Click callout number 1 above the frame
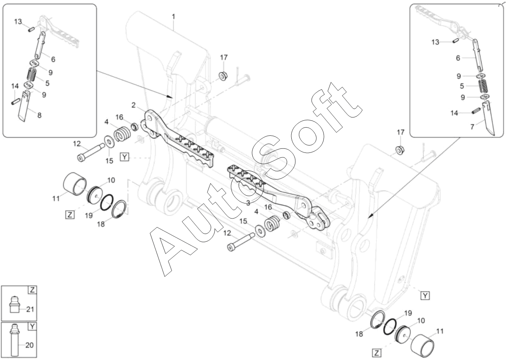[174, 17]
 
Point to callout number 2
[133, 105]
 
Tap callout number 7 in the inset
[472, 127]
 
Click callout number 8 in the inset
[39, 115]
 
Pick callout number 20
[29, 345]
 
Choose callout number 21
[30, 309]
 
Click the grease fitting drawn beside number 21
[15, 304]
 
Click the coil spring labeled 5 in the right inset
[482, 87]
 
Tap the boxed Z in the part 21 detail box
[32, 290]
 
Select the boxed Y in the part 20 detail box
[32, 326]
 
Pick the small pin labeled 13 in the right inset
[456, 40]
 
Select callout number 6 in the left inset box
[53, 59]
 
